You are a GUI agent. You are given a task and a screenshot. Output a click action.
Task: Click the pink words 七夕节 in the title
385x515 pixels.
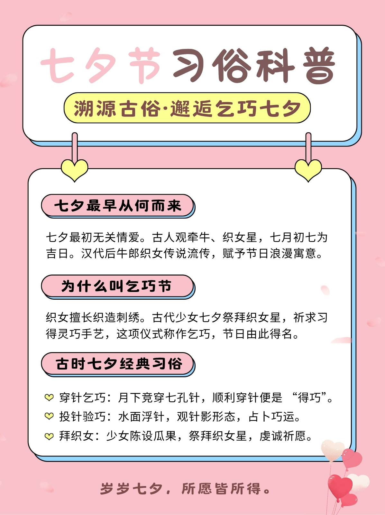100,65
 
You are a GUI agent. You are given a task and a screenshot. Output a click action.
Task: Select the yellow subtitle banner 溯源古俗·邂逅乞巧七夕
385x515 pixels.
187,108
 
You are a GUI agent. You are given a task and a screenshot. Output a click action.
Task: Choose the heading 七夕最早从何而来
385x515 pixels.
117,206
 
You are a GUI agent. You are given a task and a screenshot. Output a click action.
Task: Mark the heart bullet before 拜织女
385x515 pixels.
49,436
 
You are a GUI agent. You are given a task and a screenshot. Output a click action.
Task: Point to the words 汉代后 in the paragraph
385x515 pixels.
98,254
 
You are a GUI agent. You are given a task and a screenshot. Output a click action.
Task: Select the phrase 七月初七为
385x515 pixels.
298,237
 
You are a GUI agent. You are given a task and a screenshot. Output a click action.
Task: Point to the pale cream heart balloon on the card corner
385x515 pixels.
333,450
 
